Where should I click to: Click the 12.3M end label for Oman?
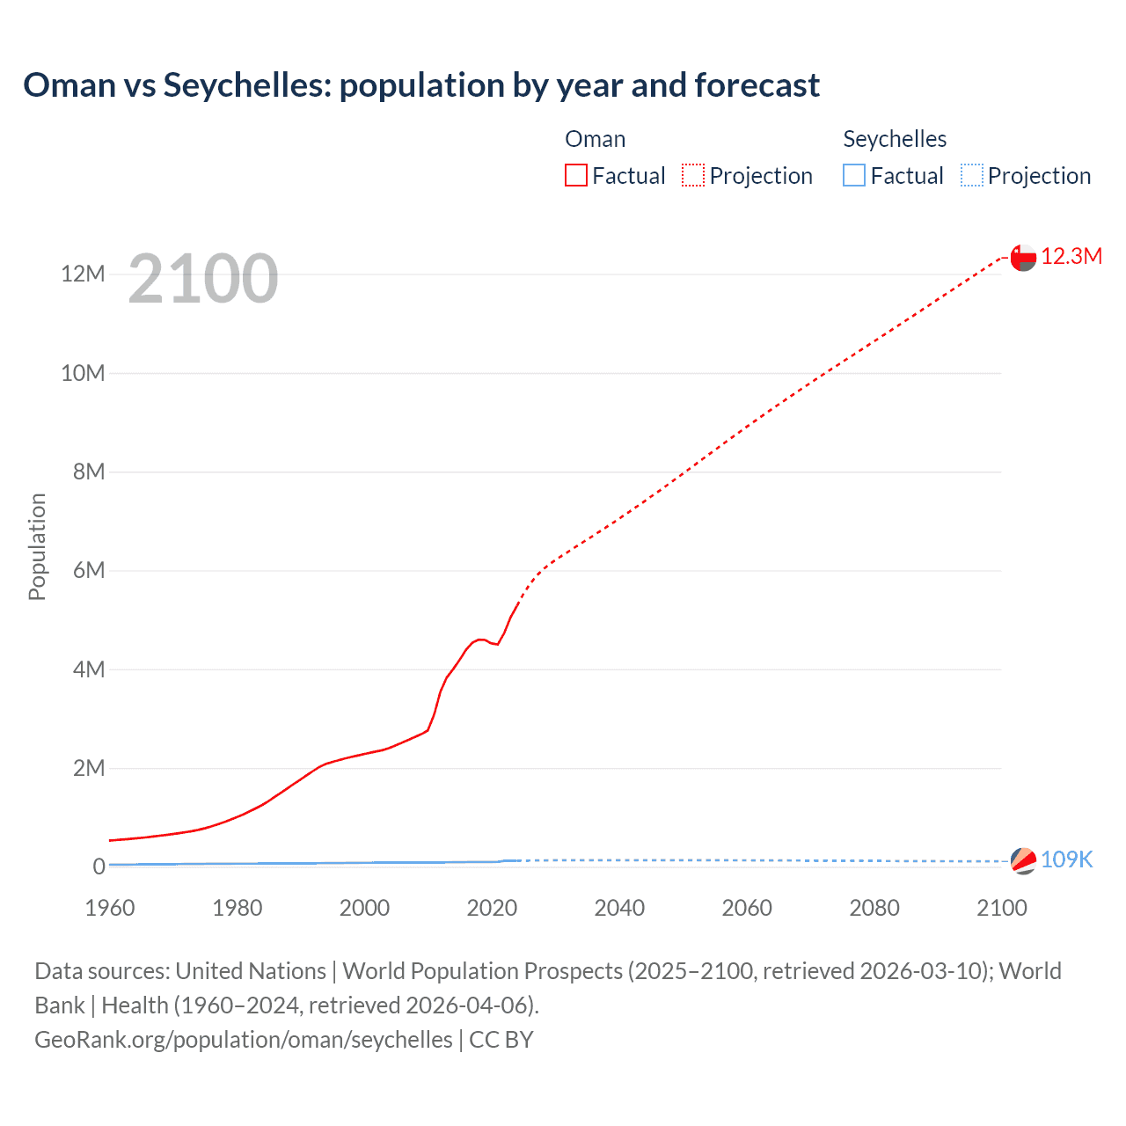(1071, 256)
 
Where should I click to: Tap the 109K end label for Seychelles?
(1066, 859)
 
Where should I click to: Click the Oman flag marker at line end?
(1023, 257)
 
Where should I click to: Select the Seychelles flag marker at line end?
(1023, 860)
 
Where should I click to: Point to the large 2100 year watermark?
(203, 279)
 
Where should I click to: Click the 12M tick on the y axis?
(83, 274)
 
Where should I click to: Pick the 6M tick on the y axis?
(89, 570)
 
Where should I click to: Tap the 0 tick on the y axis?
(99, 866)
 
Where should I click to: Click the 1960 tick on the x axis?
(110, 908)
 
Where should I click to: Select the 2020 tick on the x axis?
(492, 908)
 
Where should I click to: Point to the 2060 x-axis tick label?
(747, 908)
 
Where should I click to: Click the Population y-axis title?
(37, 546)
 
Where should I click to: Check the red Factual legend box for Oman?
(576, 175)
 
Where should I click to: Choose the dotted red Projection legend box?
(693, 175)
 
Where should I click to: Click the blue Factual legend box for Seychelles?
(854, 175)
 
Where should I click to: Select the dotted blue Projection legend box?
(972, 175)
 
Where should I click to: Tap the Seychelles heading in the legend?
(895, 139)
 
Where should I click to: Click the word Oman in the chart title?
(69, 85)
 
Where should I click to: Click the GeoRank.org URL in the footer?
(243, 1039)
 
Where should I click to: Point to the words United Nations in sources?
(251, 970)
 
